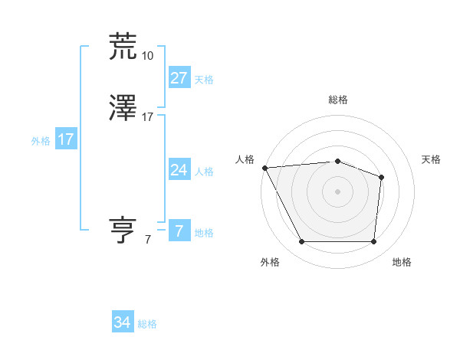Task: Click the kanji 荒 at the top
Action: click(123, 46)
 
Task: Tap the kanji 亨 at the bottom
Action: click(123, 231)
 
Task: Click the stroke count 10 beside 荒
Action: click(147, 56)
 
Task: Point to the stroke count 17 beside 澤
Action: click(147, 117)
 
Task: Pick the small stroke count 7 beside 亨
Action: click(147, 240)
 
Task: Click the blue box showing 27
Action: click(179, 78)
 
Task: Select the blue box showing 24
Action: click(179, 170)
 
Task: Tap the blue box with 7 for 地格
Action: click(179, 231)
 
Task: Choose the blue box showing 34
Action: click(123, 323)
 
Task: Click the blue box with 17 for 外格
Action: click(66, 139)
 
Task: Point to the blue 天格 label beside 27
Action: click(204, 80)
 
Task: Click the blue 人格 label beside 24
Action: click(204, 172)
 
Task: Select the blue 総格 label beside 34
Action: click(147, 325)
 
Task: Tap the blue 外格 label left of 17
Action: click(41, 141)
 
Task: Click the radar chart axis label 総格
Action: click(337, 100)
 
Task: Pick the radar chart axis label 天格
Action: click(431, 159)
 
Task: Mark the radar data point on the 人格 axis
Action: click(264, 167)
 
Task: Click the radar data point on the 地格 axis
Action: click(373, 242)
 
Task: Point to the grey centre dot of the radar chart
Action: click(337, 191)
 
